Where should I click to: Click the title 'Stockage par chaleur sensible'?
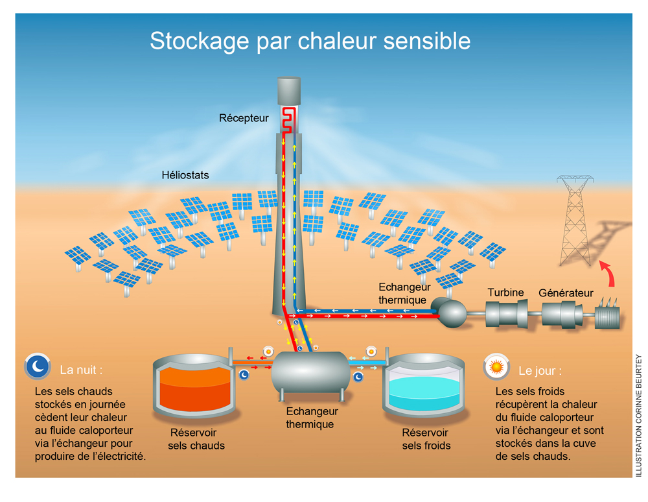coord(310,41)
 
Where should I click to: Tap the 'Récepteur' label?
coord(244,118)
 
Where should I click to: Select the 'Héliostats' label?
coord(185,175)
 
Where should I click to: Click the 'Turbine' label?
coord(505,293)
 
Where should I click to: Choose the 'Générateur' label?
coord(566,293)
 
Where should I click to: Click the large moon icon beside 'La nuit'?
coord(38,366)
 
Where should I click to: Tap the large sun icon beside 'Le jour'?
coord(496,368)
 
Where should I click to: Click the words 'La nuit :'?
coord(81,370)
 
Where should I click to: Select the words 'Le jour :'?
coord(540,372)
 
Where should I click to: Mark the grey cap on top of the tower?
coord(289,91)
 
